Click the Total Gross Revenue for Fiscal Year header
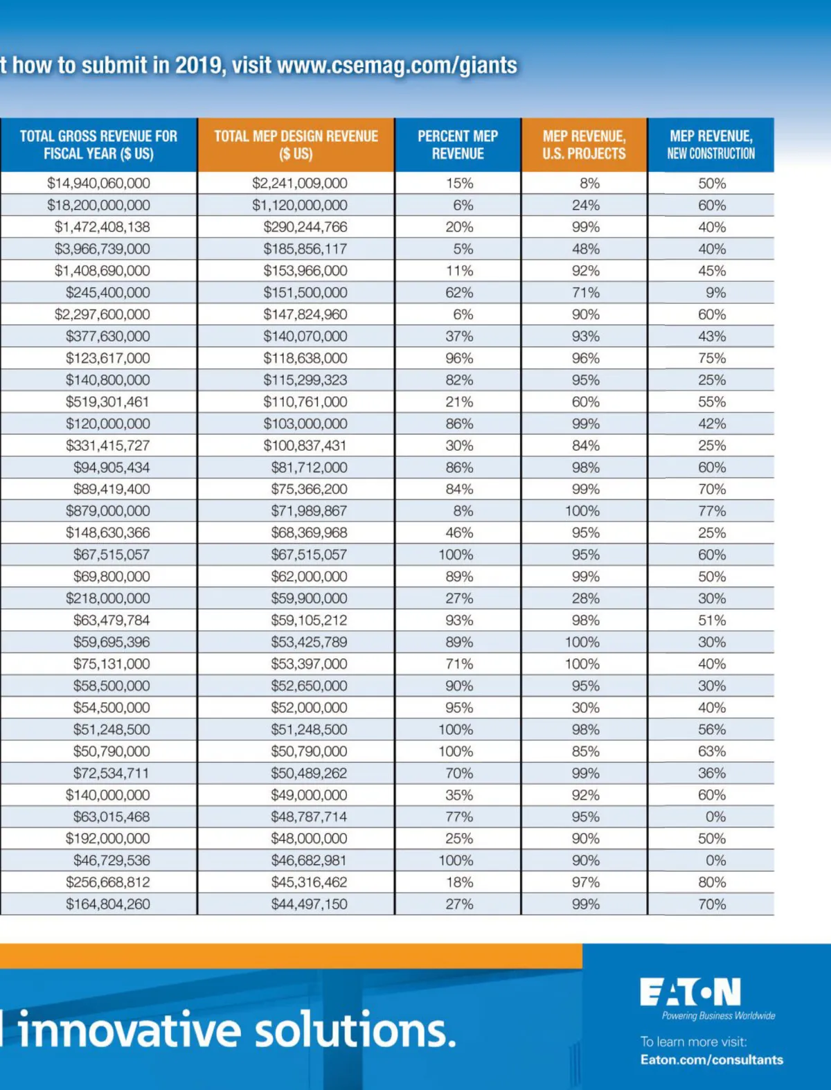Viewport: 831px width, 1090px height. pyautogui.click(x=98, y=145)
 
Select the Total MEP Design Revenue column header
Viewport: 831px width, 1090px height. pyautogui.click(x=296, y=145)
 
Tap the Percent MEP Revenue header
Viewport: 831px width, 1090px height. pyautogui.click(x=458, y=145)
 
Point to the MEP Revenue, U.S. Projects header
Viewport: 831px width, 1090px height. pyautogui.click(x=584, y=145)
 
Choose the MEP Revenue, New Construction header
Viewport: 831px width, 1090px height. pyautogui.click(x=711, y=145)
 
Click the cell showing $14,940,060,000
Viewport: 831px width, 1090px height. pyautogui.click(x=98, y=184)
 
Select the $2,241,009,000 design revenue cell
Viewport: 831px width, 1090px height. pyautogui.click(x=300, y=184)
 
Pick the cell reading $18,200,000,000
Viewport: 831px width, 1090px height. pyautogui.click(x=98, y=206)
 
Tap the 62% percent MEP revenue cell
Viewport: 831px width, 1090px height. pyautogui.click(x=459, y=293)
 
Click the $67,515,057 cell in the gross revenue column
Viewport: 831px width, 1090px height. pyautogui.click(x=111, y=555)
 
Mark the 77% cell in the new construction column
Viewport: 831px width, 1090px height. pyautogui.click(x=712, y=511)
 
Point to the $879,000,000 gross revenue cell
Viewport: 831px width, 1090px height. pyautogui.click(x=108, y=511)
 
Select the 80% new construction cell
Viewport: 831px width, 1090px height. pyautogui.click(x=712, y=882)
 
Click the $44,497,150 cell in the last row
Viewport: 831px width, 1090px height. pyautogui.click(x=309, y=904)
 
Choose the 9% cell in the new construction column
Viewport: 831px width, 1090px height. pyautogui.click(x=716, y=293)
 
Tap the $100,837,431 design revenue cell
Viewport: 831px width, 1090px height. pyautogui.click(x=305, y=446)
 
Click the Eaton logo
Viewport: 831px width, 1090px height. pyautogui.click(x=690, y=992)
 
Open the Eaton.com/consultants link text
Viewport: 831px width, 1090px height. pyautogui.click(x=712, y=1060)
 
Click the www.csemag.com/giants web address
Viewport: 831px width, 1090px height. pyautogui.click(x=397, y=66)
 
